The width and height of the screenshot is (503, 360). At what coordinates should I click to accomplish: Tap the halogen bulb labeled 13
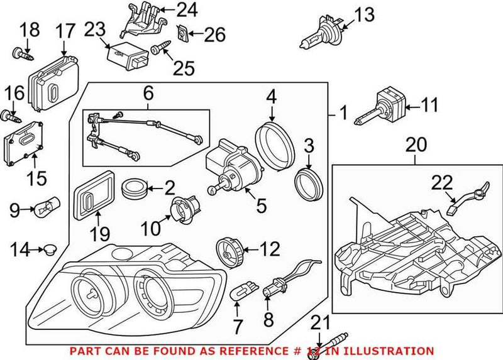[318, 37]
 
